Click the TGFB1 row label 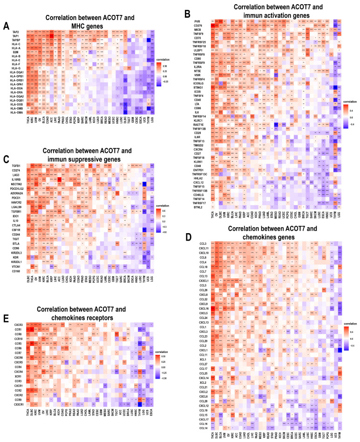(x=18, y=153)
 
